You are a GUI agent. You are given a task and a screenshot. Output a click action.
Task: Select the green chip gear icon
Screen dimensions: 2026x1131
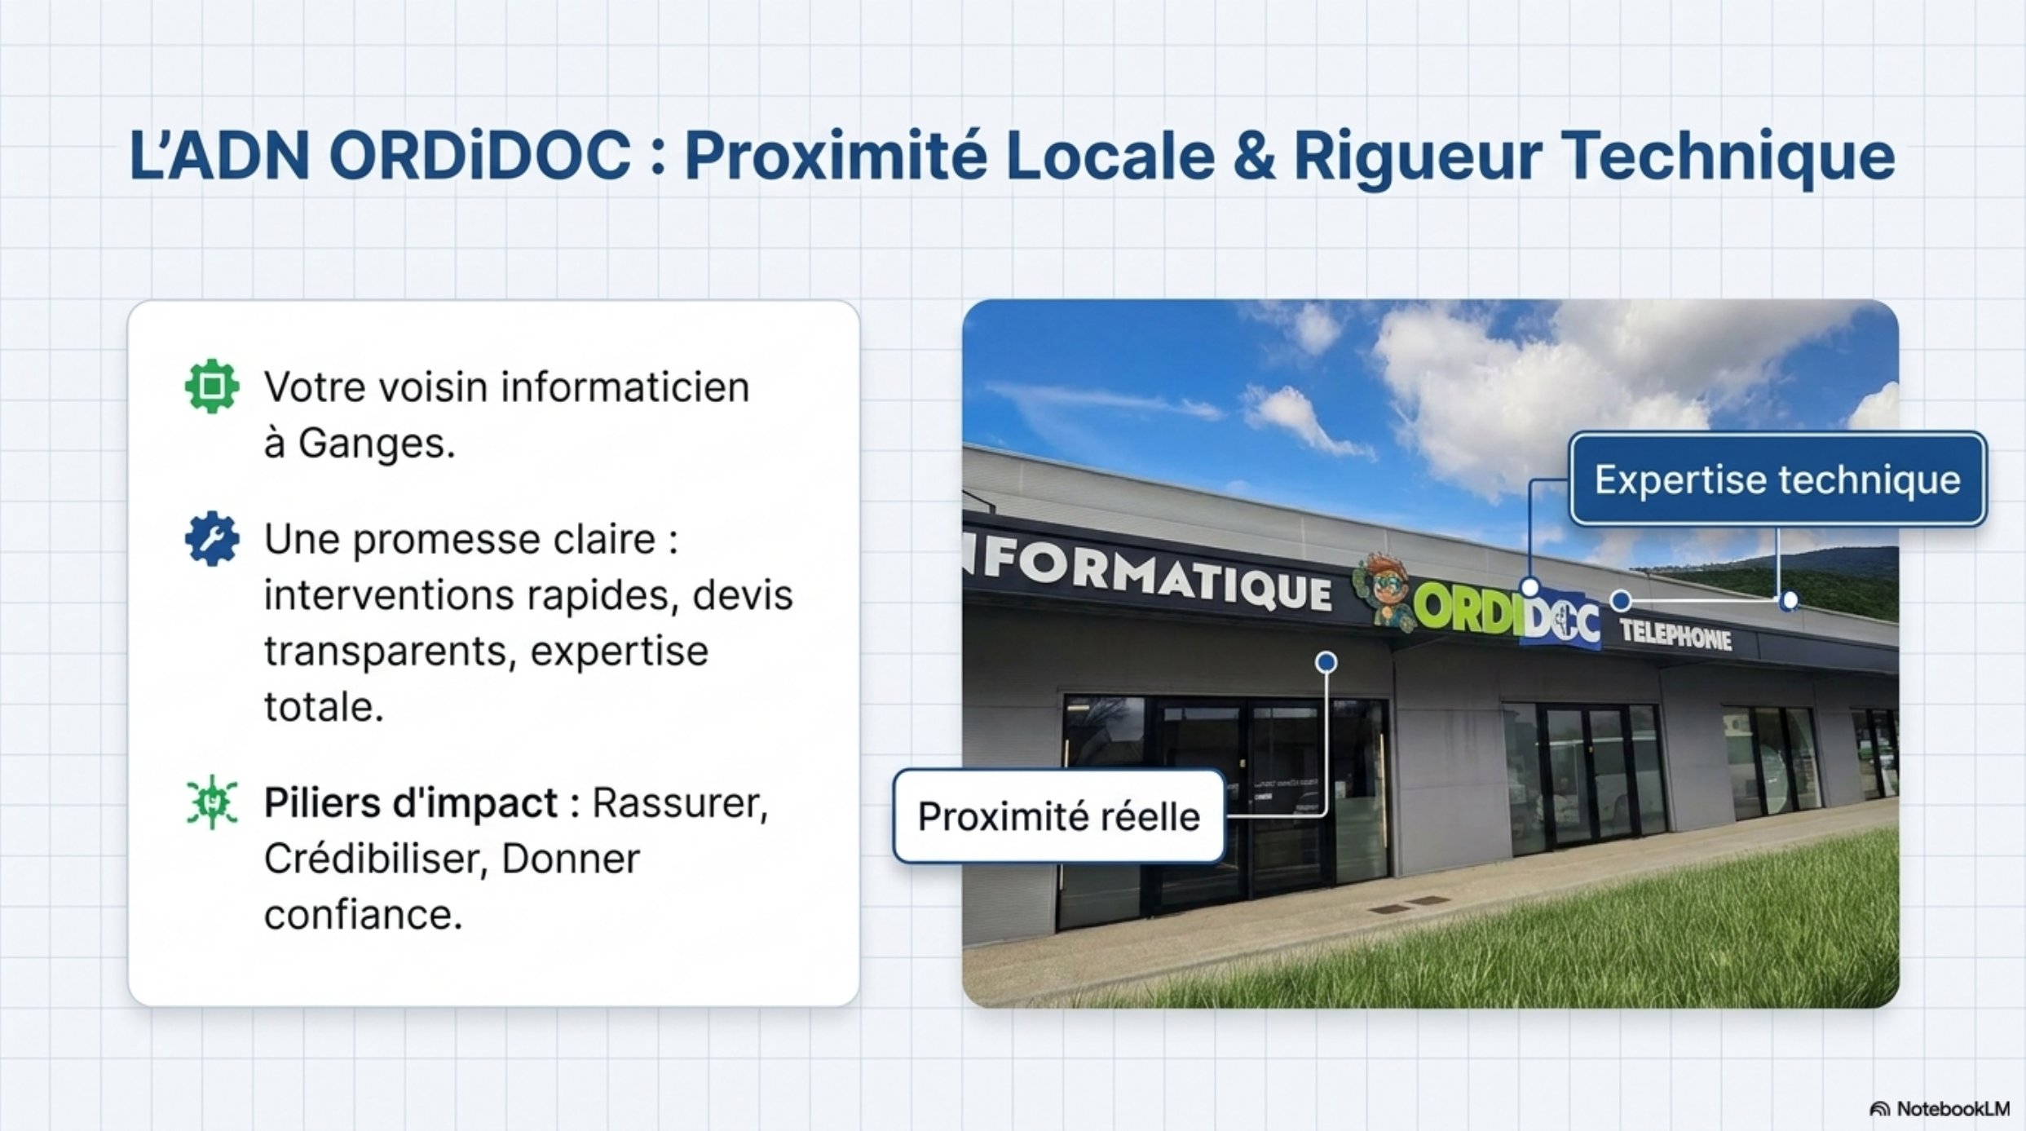(x=212, y=386)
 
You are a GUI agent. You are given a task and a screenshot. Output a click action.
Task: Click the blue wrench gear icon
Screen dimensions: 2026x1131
(x=212, y=538)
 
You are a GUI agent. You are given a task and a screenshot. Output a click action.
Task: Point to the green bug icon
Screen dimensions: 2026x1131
(x=212, y=802)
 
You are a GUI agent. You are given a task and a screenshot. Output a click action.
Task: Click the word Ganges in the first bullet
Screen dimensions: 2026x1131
(x=376, y=444)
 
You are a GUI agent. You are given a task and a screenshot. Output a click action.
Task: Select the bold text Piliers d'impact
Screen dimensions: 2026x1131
(x=411, y=803)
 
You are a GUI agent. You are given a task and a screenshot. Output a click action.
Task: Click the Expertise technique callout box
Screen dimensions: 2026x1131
(x=1777, y=479)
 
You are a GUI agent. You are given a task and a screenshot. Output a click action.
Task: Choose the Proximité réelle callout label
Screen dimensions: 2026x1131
(x=1059, y=816)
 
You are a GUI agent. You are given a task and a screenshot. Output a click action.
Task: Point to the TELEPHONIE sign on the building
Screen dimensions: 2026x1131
(x=1675, y=635)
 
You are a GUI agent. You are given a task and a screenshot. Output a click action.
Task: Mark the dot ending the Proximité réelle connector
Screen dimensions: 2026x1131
(x=1326, y=661)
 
